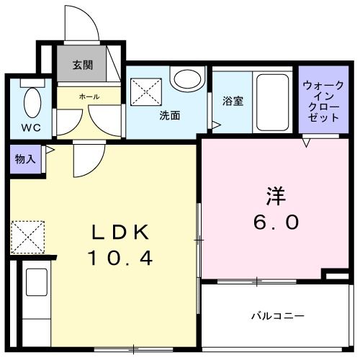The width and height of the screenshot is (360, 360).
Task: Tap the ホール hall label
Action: point(90,96)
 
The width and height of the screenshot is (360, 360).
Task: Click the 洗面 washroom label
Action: point(170,114)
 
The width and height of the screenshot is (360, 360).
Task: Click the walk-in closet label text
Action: point(318,100)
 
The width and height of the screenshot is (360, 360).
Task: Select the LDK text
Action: point(120,233)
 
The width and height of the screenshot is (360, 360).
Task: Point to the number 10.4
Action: point(120,257)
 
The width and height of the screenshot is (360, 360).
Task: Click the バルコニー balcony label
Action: point(277,316)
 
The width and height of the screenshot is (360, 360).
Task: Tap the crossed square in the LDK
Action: point(27,236)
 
